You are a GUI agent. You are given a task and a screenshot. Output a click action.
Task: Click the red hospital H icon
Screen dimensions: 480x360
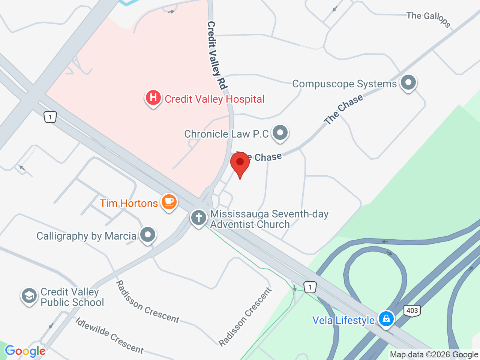[x=153, y=98]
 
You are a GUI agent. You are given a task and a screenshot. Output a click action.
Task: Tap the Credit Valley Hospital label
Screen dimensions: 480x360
[x=214, y=99]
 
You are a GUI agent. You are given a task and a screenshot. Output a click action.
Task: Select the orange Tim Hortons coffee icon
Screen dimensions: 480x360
[x=169, y=202]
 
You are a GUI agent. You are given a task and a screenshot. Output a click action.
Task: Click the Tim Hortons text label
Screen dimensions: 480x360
[x=129, y=203]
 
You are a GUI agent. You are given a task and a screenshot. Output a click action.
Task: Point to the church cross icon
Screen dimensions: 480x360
[x=199, y=217]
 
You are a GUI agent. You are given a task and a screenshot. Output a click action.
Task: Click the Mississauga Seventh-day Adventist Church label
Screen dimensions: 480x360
[x=269, y=219]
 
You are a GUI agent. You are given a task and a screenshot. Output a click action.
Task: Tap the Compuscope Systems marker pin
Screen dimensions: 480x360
[x=408, y=82]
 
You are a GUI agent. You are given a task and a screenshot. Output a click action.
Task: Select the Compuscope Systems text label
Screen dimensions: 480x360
[x=344, y=84]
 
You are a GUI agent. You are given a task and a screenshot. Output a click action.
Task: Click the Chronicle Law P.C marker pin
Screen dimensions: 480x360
[x=280, y=132]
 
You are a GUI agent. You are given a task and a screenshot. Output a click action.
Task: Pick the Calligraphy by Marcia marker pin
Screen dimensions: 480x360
[x=148, y=235]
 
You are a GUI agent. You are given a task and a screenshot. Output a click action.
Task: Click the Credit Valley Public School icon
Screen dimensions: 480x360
[x=29, y=296]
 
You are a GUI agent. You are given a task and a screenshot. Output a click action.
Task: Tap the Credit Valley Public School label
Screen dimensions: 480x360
[x=72, y=297]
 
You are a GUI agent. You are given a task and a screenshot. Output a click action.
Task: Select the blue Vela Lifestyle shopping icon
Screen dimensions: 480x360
[x=386, y=319]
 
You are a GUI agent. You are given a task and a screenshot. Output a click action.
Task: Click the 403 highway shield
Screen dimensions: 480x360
[x=412, y=310]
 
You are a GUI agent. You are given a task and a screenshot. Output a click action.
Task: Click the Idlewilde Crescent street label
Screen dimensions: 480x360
[x=109, y=335]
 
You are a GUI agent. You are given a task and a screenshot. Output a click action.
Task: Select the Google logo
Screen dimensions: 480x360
[x=25, y=351]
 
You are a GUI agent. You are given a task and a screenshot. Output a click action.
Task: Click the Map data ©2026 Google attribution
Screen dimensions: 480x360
[x=434, y=354]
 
